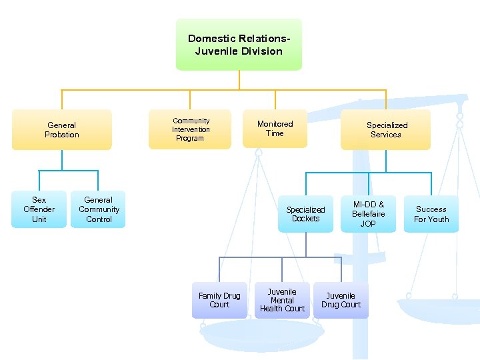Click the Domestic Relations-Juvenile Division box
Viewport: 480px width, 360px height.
click(x=239, y=45)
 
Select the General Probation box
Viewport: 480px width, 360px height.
click(x=62, y=129)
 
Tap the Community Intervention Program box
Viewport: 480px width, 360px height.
click(x=190, y=129)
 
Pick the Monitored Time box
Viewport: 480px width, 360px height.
click(x=275, y=129)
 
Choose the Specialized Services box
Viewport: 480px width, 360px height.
click(x=386, y=129)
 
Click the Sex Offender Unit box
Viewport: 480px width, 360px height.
click(x=39, y=209)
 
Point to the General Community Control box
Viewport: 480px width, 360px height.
click(x=98, y=209)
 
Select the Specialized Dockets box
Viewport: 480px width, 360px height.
click(x=305, y=214)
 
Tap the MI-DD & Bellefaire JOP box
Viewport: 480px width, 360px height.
click(x=368, y=214)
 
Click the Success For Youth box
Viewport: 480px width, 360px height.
click(x=431, y=214)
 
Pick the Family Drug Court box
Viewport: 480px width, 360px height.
click(x=219, y=300)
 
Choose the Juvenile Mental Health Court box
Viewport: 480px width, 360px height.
click(x=282, y=300)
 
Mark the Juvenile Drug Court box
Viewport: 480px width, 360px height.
click(x=341, y=300)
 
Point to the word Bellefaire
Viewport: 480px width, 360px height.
click(x=368, y=214)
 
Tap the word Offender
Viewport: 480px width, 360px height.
click(x=39, y=209)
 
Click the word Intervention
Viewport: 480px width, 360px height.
click(x=191, y=129)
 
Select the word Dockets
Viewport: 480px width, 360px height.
click(x=306, y=219)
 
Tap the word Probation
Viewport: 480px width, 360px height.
click(x=62, y=135)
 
